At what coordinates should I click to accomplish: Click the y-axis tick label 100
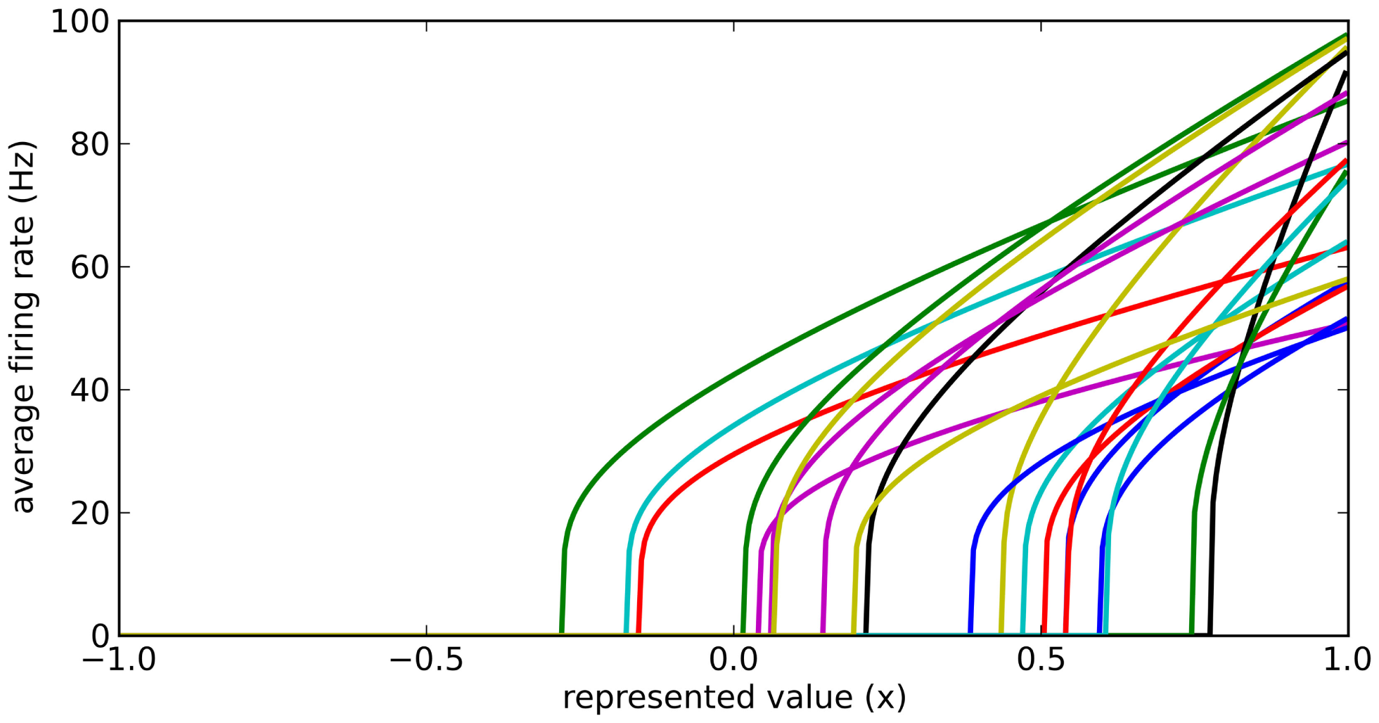click(79, 22)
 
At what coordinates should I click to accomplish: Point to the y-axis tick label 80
click(89, 145)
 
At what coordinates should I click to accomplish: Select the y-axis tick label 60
click(89, 267)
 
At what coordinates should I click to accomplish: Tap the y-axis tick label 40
click(89, 390)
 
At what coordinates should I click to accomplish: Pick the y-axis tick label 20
click(89, 513)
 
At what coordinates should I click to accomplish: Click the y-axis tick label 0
click(101, 636)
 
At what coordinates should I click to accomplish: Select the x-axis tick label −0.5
click(425, 660)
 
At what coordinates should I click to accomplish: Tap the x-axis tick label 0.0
click(733, 660)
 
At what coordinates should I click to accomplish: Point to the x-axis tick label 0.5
click(1041, 660)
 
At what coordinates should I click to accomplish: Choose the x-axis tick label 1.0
click(1347, 660)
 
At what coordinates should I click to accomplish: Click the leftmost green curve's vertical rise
click(563, 591)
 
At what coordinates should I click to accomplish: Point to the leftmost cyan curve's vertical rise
click(627, 591)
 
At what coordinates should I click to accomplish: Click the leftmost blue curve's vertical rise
click(971, 591)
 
